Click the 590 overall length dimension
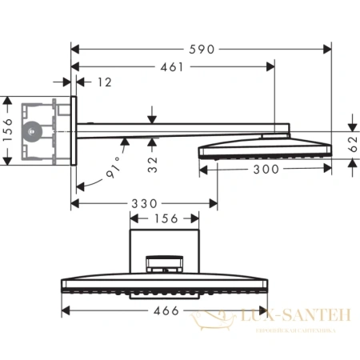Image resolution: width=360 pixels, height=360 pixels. coord(203,49)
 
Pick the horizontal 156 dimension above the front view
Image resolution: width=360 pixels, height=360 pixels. coord(165,218)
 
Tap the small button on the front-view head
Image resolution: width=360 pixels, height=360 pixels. coord(165,265)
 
